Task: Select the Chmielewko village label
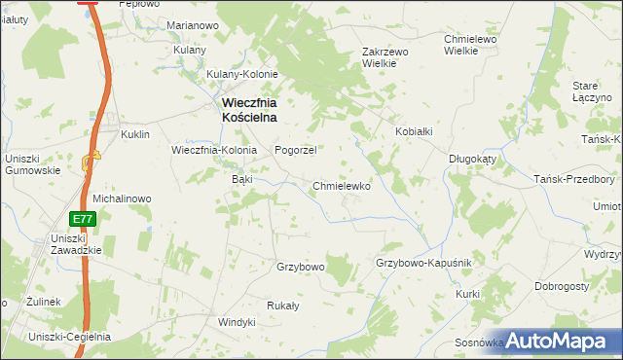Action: pos(342,185)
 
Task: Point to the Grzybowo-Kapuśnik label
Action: pos(423,264)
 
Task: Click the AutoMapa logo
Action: pos(561,340)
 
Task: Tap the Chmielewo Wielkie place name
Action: pos(471,45)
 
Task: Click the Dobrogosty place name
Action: pos(561,287)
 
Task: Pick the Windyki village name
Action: pos(237,321)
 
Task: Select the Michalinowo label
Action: pos(122,198)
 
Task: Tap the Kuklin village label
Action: pos(134,134)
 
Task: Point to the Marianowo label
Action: pos(191,24)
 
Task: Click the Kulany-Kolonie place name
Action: pos(242,74)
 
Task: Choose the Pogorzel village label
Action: pos(296,151)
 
